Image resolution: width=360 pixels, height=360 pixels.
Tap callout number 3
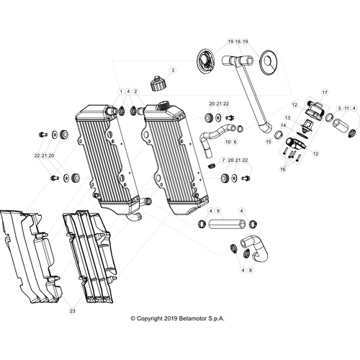(x=173, y=71)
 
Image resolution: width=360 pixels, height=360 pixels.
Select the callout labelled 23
(x=72, y=311)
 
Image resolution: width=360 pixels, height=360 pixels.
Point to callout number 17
(x=325, y=92)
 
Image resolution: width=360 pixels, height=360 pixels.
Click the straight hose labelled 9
(x=227, y=224)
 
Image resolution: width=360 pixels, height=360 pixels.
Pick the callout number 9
(x=218, y=211)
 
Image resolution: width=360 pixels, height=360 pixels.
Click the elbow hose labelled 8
(x=254, y=248)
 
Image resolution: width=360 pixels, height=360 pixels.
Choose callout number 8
(x=251, y=270)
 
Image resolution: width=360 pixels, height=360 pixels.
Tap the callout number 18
(x=238, y=42)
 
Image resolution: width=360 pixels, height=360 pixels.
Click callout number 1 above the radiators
(x=121, y=91)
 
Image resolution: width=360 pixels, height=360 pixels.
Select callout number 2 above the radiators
(x=135, y=91)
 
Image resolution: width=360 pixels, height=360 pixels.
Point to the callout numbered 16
(x=283, y=169)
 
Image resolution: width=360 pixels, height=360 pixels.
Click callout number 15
(x=269, y=142)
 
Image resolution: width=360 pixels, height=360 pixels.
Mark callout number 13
(x=287, y=118)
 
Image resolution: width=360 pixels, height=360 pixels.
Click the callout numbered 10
(x=228, y=142)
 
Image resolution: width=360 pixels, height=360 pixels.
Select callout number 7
(x=223, y=160)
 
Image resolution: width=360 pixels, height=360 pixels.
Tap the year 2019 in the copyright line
(x=171, y=318)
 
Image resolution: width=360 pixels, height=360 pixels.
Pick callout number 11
(x=346, y=109)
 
